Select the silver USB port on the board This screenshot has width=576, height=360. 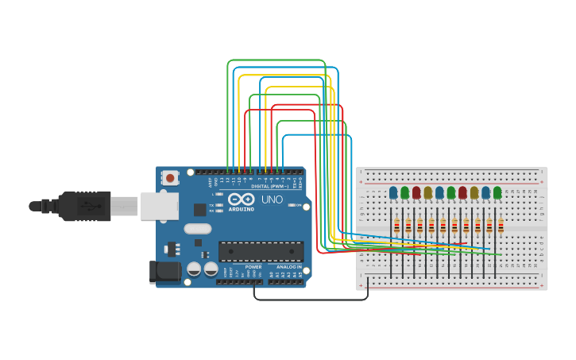pos(158,206)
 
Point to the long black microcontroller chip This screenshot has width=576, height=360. pos(261,251)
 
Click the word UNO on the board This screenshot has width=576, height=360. pos(273,199)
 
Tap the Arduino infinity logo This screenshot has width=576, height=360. pos(242,199)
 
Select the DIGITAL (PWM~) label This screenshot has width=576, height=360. pos(269,187)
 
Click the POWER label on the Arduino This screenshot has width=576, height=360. pos(253,267)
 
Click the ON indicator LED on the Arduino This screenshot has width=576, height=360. pos(292,205)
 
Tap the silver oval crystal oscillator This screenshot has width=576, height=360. pos(198,229)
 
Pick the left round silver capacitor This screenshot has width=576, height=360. pos(194,269)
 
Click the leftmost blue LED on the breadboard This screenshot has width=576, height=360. pos(393,192)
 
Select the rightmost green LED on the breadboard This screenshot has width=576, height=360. pos(497,192)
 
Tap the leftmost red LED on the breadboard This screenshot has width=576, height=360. pos(416,192)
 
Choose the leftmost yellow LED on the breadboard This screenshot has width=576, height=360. pos(428,192)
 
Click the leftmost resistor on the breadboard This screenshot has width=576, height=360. pos(396,226)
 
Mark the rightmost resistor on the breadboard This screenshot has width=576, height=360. pos(501,226)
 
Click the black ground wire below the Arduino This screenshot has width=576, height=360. pos(310,300)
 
